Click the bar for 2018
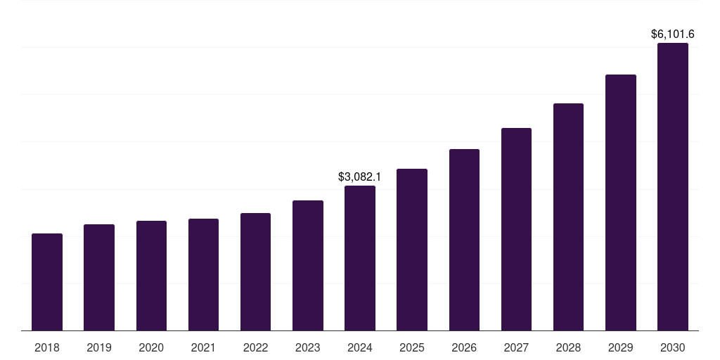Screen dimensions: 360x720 pyautogui.click(x=47, y=282)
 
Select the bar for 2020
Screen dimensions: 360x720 pyautogui.click(x=151, y=276)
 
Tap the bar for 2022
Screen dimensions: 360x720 pyautogui.click(x=255, y=271)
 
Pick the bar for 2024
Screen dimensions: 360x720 pyautogui.click(x=360, y=258)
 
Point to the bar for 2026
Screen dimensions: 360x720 pyautogui.click(x=464, y=240)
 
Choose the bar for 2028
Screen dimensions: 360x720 pyautogui.click(x=568, y=217)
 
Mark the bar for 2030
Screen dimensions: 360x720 pyautogui.click(x=673, y=186)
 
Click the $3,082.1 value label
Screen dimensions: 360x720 pyautogui.click(x=360, y=176)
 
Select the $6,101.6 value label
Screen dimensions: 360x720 pyautogui.click(x=673, y=34)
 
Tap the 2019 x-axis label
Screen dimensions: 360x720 pyautogui.click(x=99, y=347)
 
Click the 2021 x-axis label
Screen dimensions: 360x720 pyautogui.click(x=203, y=347)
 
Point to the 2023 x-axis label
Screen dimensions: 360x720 pyautogui.click(x=308, y=347)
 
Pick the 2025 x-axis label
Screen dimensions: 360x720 pyautogui.click(x=412, y=347)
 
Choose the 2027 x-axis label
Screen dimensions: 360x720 pyautogui.click(x=516, y=347)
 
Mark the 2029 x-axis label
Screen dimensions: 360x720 pyautogui.click(x=621, y=347)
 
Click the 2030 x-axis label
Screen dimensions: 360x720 pyautogui.click(x=673, y=347)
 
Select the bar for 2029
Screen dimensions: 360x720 pyautogui.click(x=621, y=202)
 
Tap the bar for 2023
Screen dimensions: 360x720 pyautogui.click(x=308, y=265)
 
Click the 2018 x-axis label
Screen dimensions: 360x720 pyautogui.click(x=47, y=347)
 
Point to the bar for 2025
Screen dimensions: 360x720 pyautogui.click(x=412, y=250)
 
